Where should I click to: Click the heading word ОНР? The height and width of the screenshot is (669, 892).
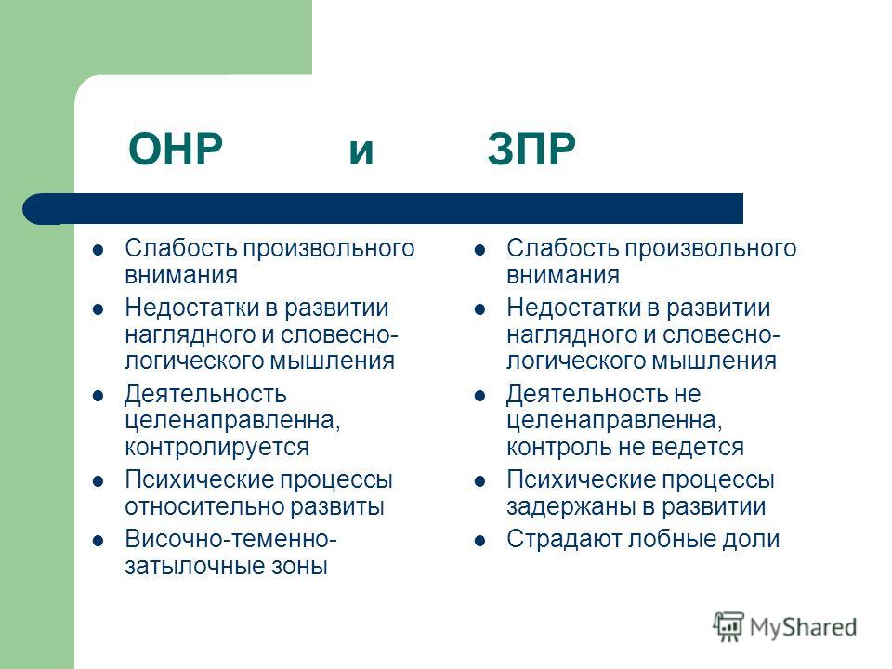pos(176,149)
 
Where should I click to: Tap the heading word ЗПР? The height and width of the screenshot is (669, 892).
pos(531,149)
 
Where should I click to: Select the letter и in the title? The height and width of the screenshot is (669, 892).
pos(361,151)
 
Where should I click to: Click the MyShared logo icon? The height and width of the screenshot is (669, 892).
pos(728,626)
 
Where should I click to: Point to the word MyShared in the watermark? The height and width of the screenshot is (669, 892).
pos(803,627)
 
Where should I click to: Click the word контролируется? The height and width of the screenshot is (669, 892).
pos(216,448)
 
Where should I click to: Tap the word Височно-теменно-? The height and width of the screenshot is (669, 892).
pos(231,539)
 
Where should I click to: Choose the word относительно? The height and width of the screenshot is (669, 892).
pos(203,507)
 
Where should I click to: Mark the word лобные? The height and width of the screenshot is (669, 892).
pos(671,539)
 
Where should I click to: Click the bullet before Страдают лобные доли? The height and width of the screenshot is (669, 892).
pos(479,540)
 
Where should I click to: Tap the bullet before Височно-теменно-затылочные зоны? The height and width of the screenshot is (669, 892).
pos(98,540)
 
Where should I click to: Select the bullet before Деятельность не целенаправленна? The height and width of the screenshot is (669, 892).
pos(479,395)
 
